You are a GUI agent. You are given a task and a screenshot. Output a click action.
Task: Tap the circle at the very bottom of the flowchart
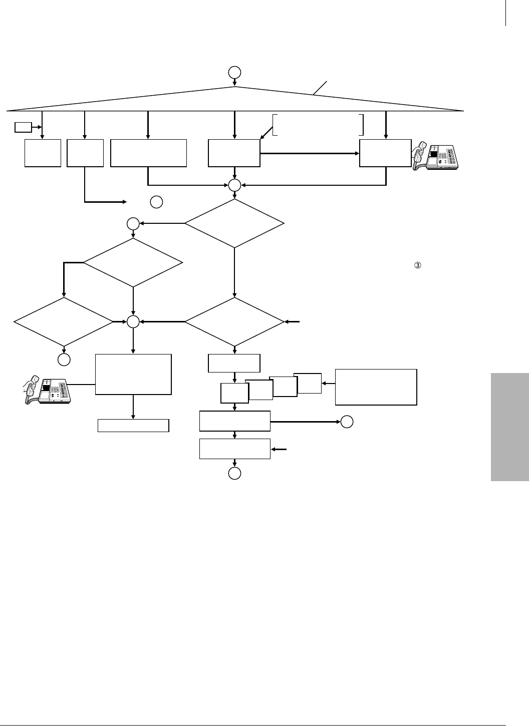[x=234, y=473]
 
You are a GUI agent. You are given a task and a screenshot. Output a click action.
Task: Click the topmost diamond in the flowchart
[x=234, y=223]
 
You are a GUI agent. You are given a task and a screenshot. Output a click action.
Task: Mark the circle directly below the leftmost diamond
[x=64, y=359]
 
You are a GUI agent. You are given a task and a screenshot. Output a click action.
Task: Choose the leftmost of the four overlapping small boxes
[x=234, y=394]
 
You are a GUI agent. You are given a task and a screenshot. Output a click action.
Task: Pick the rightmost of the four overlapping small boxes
[x=308, y=383]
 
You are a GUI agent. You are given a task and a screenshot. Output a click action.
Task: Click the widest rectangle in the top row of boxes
[x=148, y=153]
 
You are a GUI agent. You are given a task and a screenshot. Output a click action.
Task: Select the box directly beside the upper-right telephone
[x=386, y=153]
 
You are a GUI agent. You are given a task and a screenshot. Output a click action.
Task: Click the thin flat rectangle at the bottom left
[x=133, y=426]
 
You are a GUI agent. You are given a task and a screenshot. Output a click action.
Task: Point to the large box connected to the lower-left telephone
[x=133, y=374]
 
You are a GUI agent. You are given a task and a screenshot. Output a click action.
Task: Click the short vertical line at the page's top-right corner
[x=506, y=13]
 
